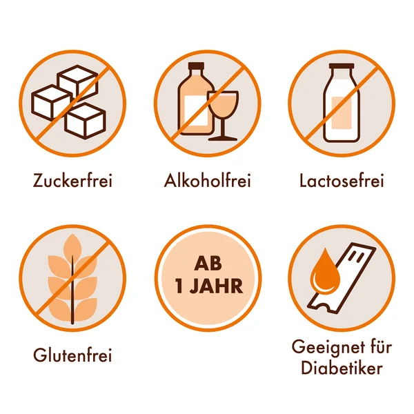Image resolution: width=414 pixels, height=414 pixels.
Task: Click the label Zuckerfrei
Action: tap(72, 181)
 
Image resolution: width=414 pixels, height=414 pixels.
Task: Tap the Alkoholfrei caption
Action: tap(207, 181)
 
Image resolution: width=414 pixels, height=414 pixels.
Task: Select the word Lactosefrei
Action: tap(342, 181)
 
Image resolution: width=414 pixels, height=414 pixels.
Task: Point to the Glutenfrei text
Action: tap(72, 355)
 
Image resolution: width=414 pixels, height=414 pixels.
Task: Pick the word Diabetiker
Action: tap(342, 368)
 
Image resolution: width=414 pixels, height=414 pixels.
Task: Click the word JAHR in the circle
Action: tap(217, 286)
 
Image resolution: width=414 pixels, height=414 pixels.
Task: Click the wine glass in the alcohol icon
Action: tap(223, 115)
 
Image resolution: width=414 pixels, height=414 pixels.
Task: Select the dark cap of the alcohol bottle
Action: tap(196, 66)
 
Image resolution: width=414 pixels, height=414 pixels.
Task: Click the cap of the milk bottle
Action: tap(342, 66)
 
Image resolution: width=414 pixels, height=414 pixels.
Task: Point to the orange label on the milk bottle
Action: tap(342, 112)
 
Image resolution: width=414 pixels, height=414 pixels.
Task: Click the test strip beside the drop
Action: tap(342, 278)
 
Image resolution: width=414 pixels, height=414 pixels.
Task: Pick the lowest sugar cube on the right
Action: tap(85, 121)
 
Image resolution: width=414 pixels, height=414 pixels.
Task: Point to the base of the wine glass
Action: tap(223, 139)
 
